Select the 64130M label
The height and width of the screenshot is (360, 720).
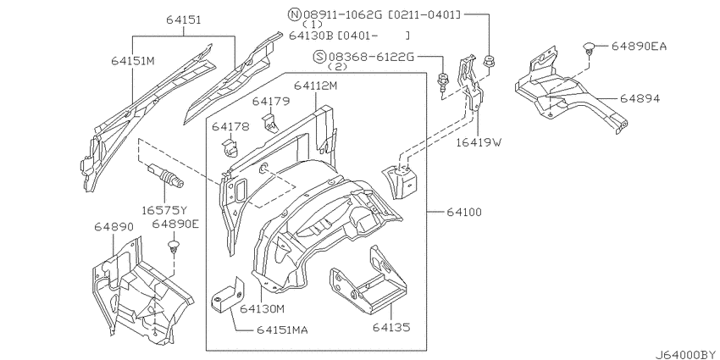[261, 308]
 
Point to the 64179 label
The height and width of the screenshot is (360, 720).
[270, 102]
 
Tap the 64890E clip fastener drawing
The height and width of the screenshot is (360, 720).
[175, 247]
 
